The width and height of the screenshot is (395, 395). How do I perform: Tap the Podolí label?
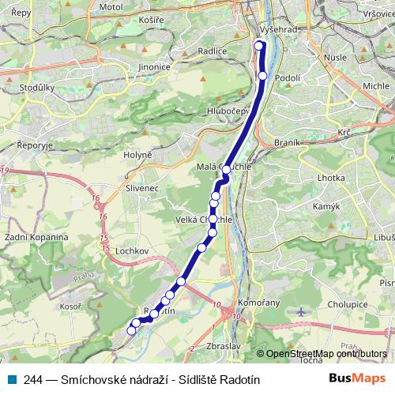[x=288, y=77]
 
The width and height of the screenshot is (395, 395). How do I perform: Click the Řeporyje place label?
[x=34, y=145]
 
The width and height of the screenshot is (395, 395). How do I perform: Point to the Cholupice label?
[x=348, y=303]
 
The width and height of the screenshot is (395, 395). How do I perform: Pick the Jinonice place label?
[x=153, y=67]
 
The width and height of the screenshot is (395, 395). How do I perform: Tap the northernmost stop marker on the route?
[x=258, y=45]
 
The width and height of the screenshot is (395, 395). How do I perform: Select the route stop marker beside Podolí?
[x=263, y=76]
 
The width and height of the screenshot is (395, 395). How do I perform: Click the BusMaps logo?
[x=358, y=379]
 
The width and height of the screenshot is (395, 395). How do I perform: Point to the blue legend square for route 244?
[x=11, y=380]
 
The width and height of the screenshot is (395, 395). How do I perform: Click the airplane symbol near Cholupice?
[x=301, y=312]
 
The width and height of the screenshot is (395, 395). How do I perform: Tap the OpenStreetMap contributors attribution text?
[x=325, y=354]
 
